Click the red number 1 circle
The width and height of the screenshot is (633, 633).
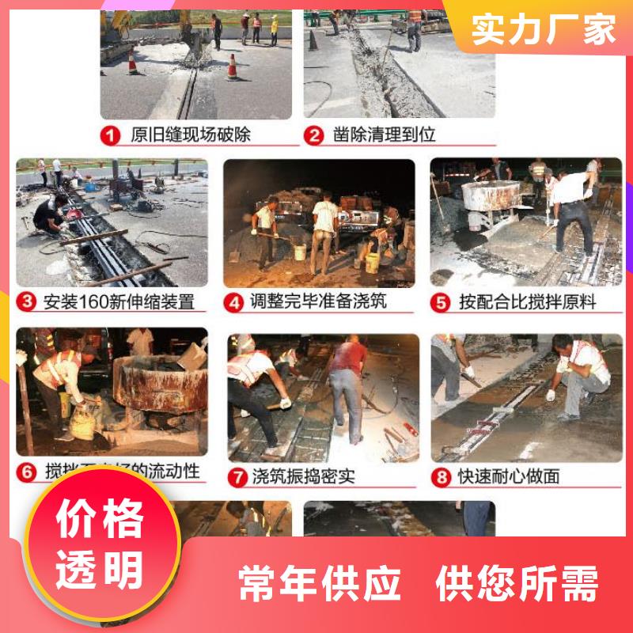coord(112,135)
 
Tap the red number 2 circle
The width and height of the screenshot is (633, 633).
coord(315,135)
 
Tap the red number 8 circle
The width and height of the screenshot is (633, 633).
coord(442,476)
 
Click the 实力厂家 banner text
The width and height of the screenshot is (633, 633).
coord(544,30)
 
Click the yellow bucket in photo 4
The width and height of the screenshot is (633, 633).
coord(300,252)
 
